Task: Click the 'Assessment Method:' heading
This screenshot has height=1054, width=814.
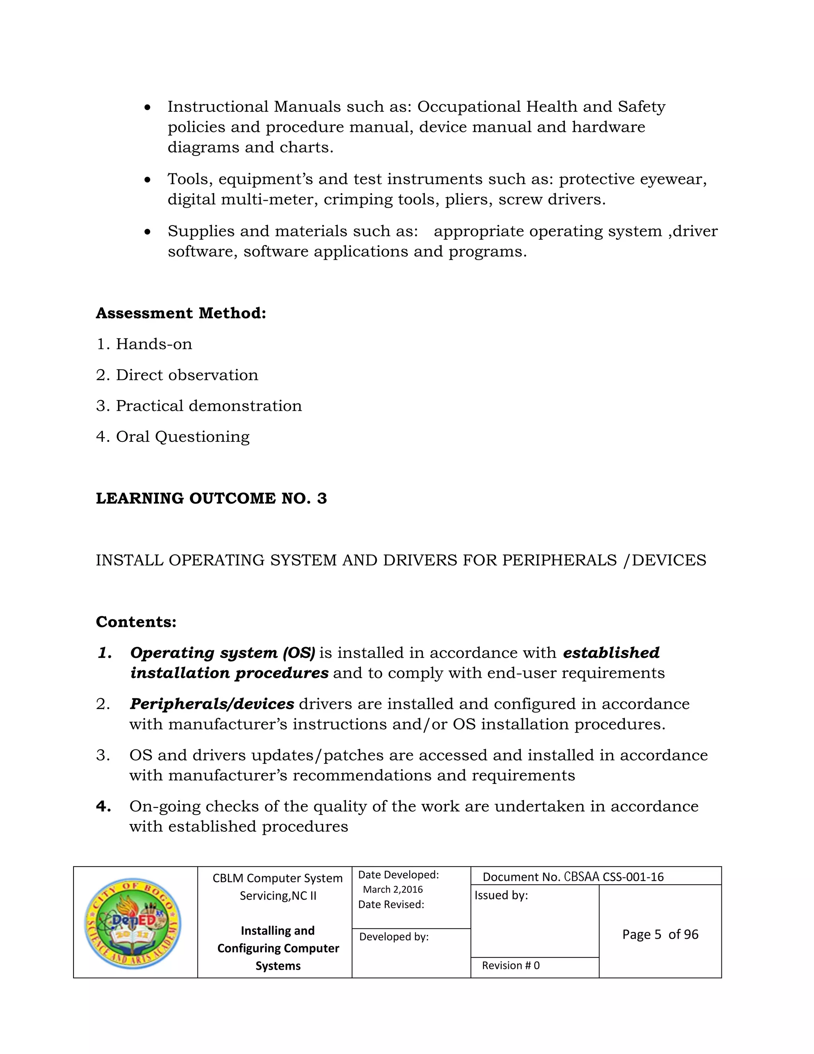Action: click(x=181, y=313)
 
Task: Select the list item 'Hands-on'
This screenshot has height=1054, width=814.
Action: click(x=154, y=344)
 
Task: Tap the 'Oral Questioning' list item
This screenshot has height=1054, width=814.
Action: click(x=182, y=437)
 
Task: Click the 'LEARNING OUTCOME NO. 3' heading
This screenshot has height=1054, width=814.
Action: click(x=211, y=498)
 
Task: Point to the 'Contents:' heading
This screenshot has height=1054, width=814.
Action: click(x=136, y=622)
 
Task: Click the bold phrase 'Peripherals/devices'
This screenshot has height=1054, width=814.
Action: click(x=212, y=704)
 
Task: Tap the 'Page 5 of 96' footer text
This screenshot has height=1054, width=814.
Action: click(x=660, y=934)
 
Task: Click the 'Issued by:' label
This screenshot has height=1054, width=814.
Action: click(x=501, y=895)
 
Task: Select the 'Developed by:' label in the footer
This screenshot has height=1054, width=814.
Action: click(x=394, y=937)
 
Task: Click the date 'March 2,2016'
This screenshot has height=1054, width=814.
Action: click(x=393, y=889)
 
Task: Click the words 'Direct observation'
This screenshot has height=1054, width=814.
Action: click(x=187, y=375)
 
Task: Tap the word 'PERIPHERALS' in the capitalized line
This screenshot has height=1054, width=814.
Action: click(x=559, y=560)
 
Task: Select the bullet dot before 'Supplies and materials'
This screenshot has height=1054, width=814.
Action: click(x=147, y=232)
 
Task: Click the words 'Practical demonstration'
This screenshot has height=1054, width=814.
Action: click(x=209, y=406)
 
